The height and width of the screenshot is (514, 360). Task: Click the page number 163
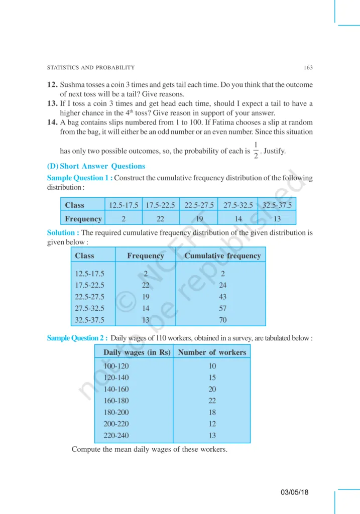pyautogui.click(x=308, y=68)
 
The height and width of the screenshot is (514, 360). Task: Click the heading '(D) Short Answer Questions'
pyautogui.click(x=96, y=166)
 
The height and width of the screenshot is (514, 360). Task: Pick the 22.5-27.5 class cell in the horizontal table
pyautogui.click(x=199, y=205)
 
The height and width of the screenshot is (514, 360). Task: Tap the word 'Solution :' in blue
pyautogui.click(x=63, y=233)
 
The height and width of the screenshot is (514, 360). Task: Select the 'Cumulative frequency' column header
pyautogui.click(x=222, y=255)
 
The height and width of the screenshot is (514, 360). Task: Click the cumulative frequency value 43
pyautogui.click(x=222, y=297)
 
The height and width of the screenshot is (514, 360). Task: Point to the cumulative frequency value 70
pyautogui.click(x=222, y=320)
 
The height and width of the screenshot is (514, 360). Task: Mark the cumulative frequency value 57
pyautogui.click(x=222, y=308)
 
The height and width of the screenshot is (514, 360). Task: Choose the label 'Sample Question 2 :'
pyautogui.click(x=77, y=338)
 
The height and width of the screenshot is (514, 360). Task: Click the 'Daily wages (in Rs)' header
pyautogui.click(x=137, y=352)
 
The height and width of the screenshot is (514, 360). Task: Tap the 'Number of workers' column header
pyautogui.click(x=212, y=352)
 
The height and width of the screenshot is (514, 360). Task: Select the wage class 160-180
pyautogui.click(x=116, y=401)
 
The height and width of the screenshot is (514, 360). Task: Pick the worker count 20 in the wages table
pyautogui.click(x=212, y=389)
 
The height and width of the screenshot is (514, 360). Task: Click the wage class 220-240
pyautogui.click(x=116, y=435)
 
